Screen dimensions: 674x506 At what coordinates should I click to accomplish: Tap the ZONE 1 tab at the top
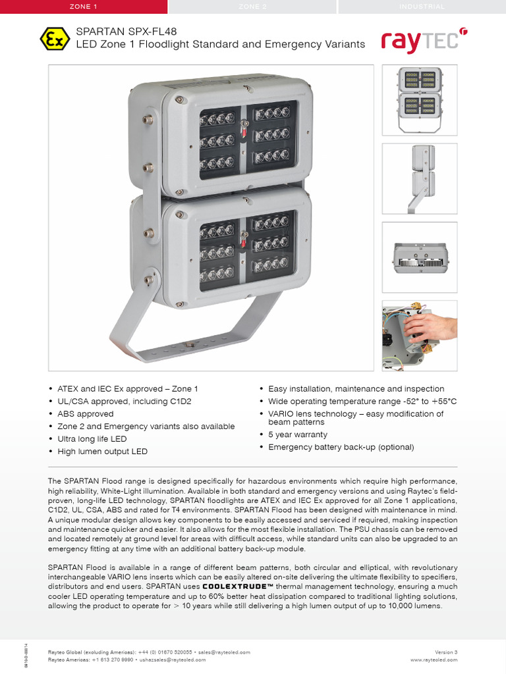point(84,7)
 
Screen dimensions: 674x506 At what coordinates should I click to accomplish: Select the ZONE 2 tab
point(253,7)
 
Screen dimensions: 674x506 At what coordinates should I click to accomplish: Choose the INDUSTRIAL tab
point(422,7)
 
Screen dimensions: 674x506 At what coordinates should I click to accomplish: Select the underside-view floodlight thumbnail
point(420,257)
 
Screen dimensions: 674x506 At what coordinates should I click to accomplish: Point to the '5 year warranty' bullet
point(297,434)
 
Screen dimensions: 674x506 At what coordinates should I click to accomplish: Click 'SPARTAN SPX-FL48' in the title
point(126,31)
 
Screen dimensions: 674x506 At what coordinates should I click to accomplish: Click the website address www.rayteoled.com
point(434,659)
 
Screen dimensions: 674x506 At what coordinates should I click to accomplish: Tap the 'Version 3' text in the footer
point(446,652)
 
